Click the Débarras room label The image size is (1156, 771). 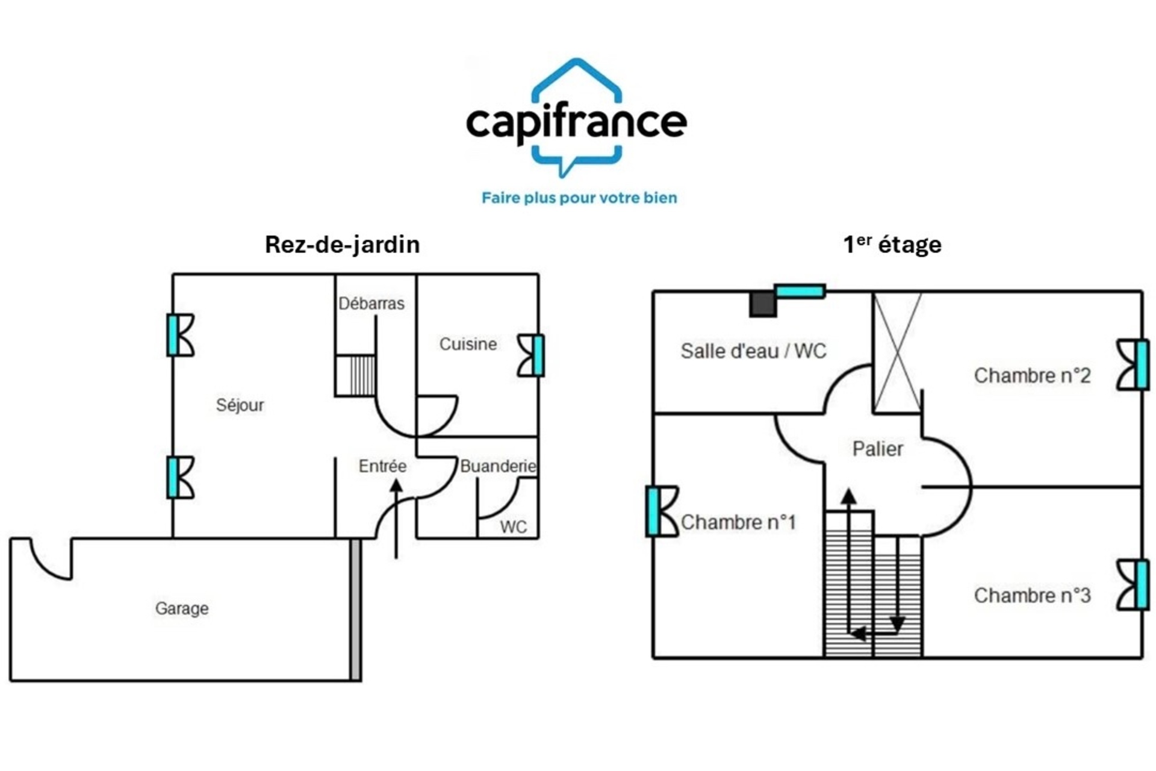(x=371, y=303)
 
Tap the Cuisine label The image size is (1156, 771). (x=468, y=344)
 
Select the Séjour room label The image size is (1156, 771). (x=240, y=405)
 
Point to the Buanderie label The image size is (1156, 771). (x=498, y=466)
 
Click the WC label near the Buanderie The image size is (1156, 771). (x=514, y=527)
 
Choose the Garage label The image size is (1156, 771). (x=182, y=608)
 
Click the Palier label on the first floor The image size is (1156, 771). (x=877, y=449)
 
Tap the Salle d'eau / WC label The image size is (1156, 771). (x=753, y=351)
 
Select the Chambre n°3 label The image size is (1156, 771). (x=1032, y=595)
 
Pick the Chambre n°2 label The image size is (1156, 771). (x=1032, y=375)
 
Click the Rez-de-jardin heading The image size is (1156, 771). (x=342, y=245)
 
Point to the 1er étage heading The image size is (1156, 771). (x=892, y=245)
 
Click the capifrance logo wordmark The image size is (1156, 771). (x=576, y=122)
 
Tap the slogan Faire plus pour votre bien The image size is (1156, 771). (x=579, y=198)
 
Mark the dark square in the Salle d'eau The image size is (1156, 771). (x=763, y=304)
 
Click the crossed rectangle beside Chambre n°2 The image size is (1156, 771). (x=897, y=353)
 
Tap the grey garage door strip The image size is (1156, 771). (x=356, y=610)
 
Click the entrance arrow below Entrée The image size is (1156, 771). (x=396, y=519)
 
